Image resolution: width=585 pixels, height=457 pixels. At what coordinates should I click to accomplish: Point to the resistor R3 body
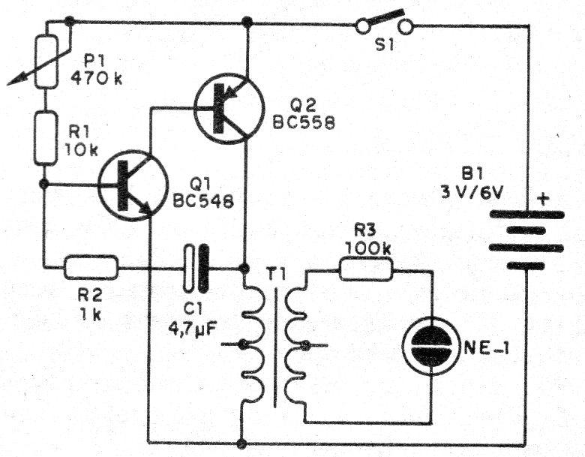(x=365, y=268)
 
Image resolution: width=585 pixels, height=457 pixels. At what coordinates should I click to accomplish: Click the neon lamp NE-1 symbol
(x=433, y=348)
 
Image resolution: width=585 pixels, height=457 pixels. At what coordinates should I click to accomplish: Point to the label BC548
(x=200, y=202)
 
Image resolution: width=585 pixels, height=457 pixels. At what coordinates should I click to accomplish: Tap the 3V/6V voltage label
(x=472, y=196)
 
